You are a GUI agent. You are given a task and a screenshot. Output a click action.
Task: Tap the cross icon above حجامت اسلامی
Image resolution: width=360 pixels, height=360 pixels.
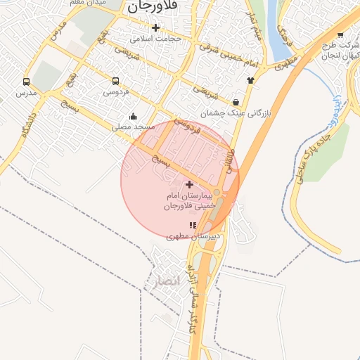click(x=155, y=27)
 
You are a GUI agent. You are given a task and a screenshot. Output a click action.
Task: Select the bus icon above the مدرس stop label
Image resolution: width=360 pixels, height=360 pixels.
click(x=26, y=82)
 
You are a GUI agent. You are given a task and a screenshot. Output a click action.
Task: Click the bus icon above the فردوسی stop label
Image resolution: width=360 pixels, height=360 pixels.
click(x=115, y=80)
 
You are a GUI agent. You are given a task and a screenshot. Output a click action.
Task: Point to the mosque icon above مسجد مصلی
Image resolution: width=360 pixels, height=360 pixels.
click(x=133, y=116)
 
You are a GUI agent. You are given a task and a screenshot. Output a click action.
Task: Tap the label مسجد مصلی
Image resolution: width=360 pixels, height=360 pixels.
click(x=134, y=127)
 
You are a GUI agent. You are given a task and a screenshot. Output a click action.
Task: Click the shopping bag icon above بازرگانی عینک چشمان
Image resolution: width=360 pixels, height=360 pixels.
click(x=235, y=101)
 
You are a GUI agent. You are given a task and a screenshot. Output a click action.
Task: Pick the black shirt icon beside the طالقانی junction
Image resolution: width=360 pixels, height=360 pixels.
click(x=251, y=79)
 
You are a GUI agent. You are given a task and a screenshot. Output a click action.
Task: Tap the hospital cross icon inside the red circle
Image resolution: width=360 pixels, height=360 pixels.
click(x=189, y=184)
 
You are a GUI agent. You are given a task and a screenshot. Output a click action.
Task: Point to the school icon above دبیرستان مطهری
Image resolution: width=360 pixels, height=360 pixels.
click(x=193, y=226)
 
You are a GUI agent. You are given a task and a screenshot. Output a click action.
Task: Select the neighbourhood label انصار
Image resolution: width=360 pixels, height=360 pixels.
click(x=170, y=281)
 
